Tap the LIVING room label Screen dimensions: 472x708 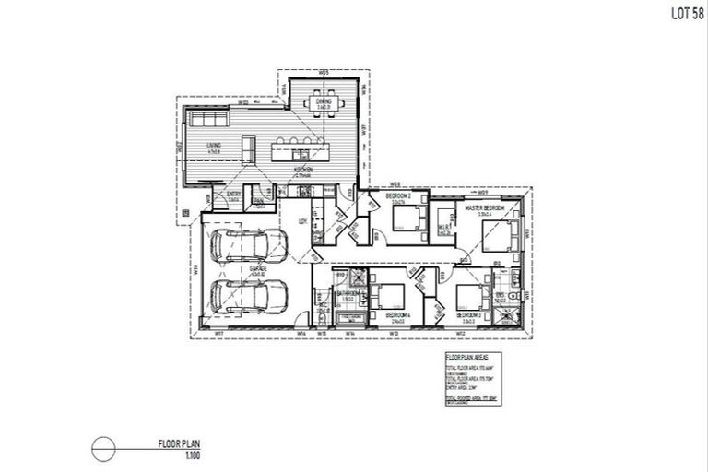(214, 147)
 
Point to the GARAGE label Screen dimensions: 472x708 (257, 268)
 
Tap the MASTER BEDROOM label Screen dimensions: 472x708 (484, 208)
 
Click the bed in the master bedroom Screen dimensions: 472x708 (497, 237)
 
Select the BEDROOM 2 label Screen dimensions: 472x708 (397, 198)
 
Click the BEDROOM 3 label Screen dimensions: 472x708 (469, 315)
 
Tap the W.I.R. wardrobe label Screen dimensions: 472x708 (443, 231)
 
